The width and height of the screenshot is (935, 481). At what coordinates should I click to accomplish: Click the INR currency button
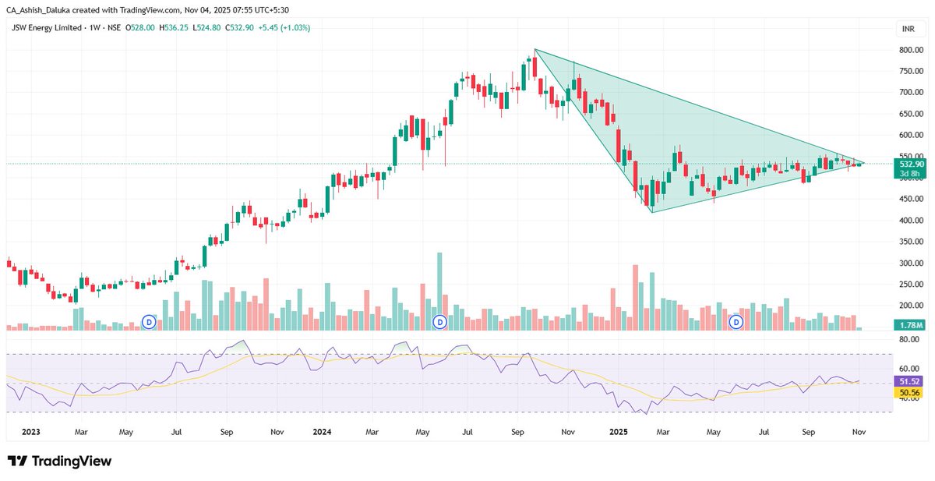[x=907, y=28]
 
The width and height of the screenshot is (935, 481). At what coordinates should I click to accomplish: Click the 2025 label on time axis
[x=619, y=430]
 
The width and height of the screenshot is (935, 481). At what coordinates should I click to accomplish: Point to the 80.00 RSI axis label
[x=908, y=340]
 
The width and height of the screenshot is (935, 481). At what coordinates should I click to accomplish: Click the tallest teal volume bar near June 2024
[x=439, y=288]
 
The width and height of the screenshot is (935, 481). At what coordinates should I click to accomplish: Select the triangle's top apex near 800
[x=535, y=50]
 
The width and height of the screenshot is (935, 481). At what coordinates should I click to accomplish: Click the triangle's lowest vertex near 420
[x=651, y=212]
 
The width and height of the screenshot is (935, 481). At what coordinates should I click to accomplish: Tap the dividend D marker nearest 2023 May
[x=149, y=321]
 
